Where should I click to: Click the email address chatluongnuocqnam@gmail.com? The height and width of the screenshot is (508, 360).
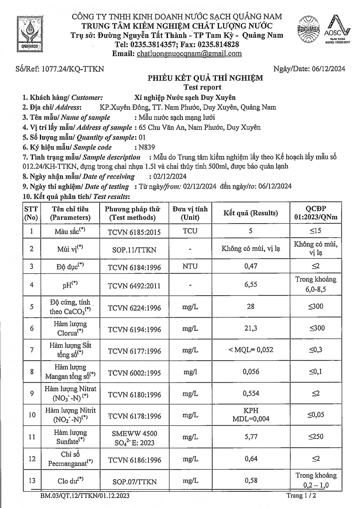click(x=189, y=54)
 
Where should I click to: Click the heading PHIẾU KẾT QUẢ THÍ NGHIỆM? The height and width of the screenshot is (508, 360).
click(x=205, y=78)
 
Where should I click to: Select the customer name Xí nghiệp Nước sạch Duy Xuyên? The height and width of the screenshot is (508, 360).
click(x=185, y=98)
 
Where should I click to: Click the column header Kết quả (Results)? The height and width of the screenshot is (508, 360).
click(x=251, y=213)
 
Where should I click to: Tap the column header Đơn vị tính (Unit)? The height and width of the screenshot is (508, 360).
click(x=190, y=213)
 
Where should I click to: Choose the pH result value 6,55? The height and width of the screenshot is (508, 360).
click(x=251, y=284)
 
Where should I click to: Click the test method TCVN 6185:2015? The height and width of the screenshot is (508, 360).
click(x=134, y=232)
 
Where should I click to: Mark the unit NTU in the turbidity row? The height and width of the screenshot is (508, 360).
click(x=190, y=266)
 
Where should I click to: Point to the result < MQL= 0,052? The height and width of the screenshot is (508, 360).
click(x=251, y=350)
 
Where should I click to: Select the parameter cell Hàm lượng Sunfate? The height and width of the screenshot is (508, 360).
click(x=71, y=437)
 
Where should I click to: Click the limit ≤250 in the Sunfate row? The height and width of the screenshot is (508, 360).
click(x=316, y=437)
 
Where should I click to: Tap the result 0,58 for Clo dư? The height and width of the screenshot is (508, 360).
click(x=251, y=480)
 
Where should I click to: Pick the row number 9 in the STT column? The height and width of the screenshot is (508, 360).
click(x=32, y=394)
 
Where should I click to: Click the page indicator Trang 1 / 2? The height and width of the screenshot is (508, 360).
click(x=302, y=496)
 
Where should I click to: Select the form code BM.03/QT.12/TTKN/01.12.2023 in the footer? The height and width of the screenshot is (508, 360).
click(x=84, y=496)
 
